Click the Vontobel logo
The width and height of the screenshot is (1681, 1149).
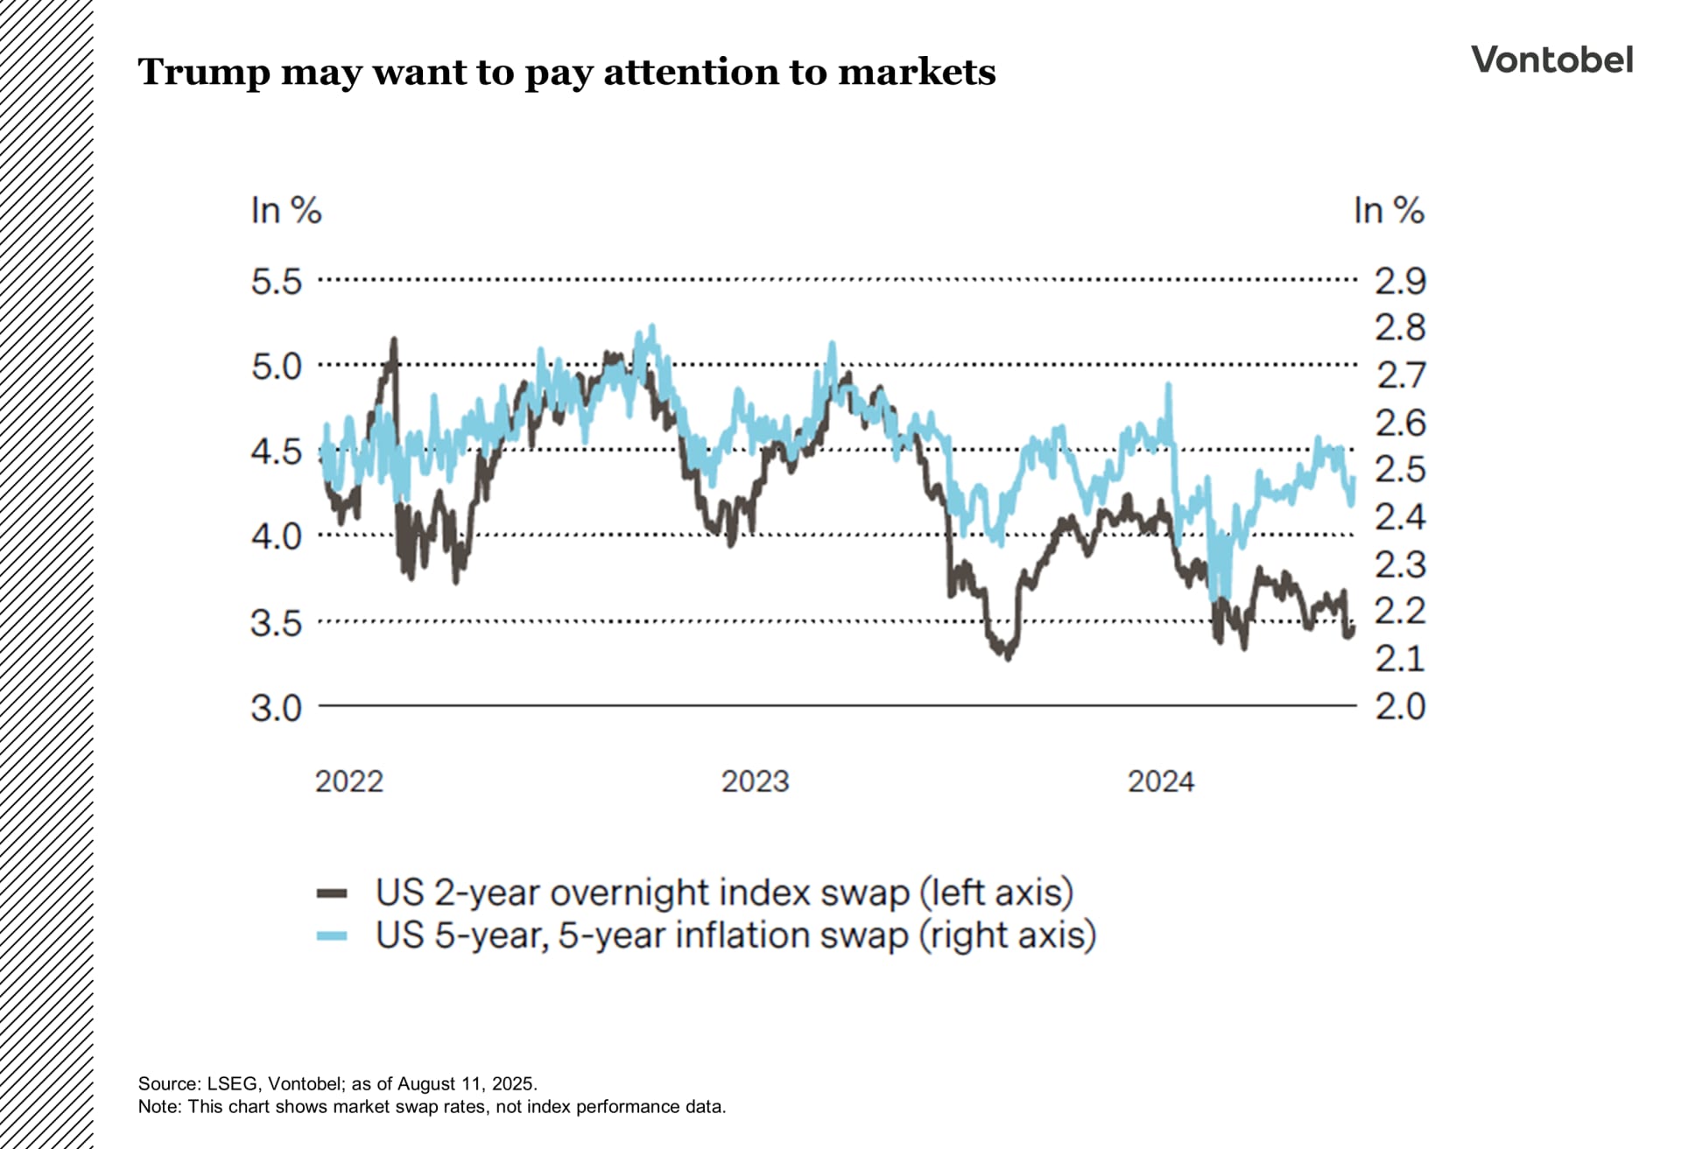[x=1551, y=60]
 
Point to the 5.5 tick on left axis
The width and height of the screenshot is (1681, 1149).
[x=276, y=282]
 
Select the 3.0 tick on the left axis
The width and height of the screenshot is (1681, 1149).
[x=276, y=708]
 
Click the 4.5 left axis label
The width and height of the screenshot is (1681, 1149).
[x=276, y=452]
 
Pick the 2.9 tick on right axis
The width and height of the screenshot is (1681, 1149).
[x=1400, y=282]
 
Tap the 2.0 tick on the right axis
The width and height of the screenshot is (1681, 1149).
[x=1400, y=706]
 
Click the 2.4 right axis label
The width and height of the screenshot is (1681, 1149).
[x=1400, y=517]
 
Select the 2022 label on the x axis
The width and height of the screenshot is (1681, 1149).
[x=348, y=781]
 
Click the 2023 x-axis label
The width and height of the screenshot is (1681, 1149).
[x=755, y=781]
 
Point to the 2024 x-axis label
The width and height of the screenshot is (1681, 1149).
[x=1160, y=781]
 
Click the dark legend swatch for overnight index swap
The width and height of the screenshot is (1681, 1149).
[x=332, y=893]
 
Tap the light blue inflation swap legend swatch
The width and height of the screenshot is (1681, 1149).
[x=332, y=935]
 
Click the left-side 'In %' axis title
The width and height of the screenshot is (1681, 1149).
[x=285, y=211]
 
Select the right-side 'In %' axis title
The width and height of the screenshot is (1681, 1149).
[x=1389, y=211]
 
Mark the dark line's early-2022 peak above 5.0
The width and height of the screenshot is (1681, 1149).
[x=393, y=340]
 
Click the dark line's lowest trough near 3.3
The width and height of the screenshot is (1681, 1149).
[x=1008, y=656]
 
